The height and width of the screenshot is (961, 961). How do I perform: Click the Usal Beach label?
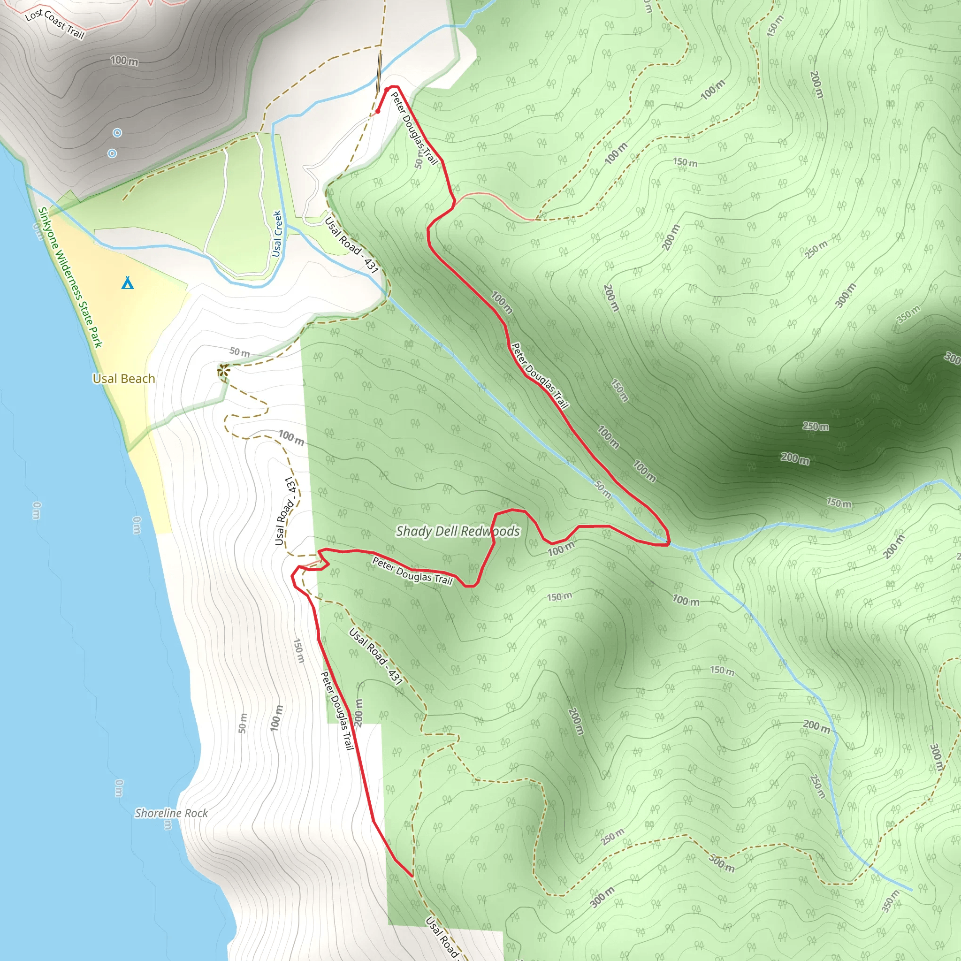[124, 379]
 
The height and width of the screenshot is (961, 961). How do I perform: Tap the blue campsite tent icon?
[128, 283]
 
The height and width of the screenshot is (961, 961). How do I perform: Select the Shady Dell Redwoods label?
[458, 531]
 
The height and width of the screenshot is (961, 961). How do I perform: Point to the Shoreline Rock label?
[171, 813]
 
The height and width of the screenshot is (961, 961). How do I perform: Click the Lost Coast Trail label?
[55, 23]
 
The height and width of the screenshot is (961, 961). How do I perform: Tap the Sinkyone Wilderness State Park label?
[70, 277]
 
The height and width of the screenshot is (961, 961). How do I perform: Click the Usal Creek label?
[277, 234]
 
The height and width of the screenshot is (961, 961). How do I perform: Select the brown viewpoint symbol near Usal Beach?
[223, 370]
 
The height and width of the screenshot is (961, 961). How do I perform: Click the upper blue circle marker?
[117, 133]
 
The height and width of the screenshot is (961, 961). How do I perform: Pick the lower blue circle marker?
[113, 153]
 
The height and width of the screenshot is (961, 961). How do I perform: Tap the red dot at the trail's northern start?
[378, 111]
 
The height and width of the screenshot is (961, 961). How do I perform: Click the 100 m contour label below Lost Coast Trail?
[124, 61]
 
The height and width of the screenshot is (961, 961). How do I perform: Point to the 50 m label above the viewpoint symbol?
[240, 351]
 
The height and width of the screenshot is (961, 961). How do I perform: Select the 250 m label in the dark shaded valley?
[815, 426]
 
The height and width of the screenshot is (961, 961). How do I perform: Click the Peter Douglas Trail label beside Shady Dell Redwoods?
[412, 571]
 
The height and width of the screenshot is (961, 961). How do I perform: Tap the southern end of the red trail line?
[412, 876]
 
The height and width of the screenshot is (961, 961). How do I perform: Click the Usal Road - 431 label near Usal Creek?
[351, 244]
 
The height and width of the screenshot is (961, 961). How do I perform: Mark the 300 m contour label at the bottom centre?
[603, 896]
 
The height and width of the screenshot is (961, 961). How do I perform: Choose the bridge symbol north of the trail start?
[379, 73]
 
